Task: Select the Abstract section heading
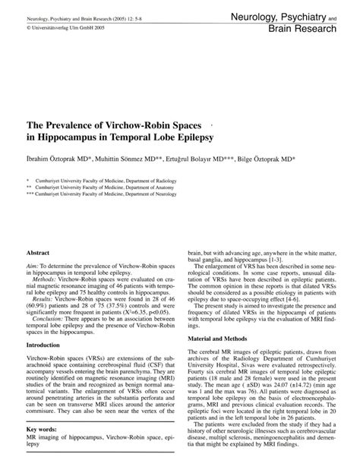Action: (x=38, y=251)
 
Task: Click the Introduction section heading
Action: (x=47, y=344)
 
